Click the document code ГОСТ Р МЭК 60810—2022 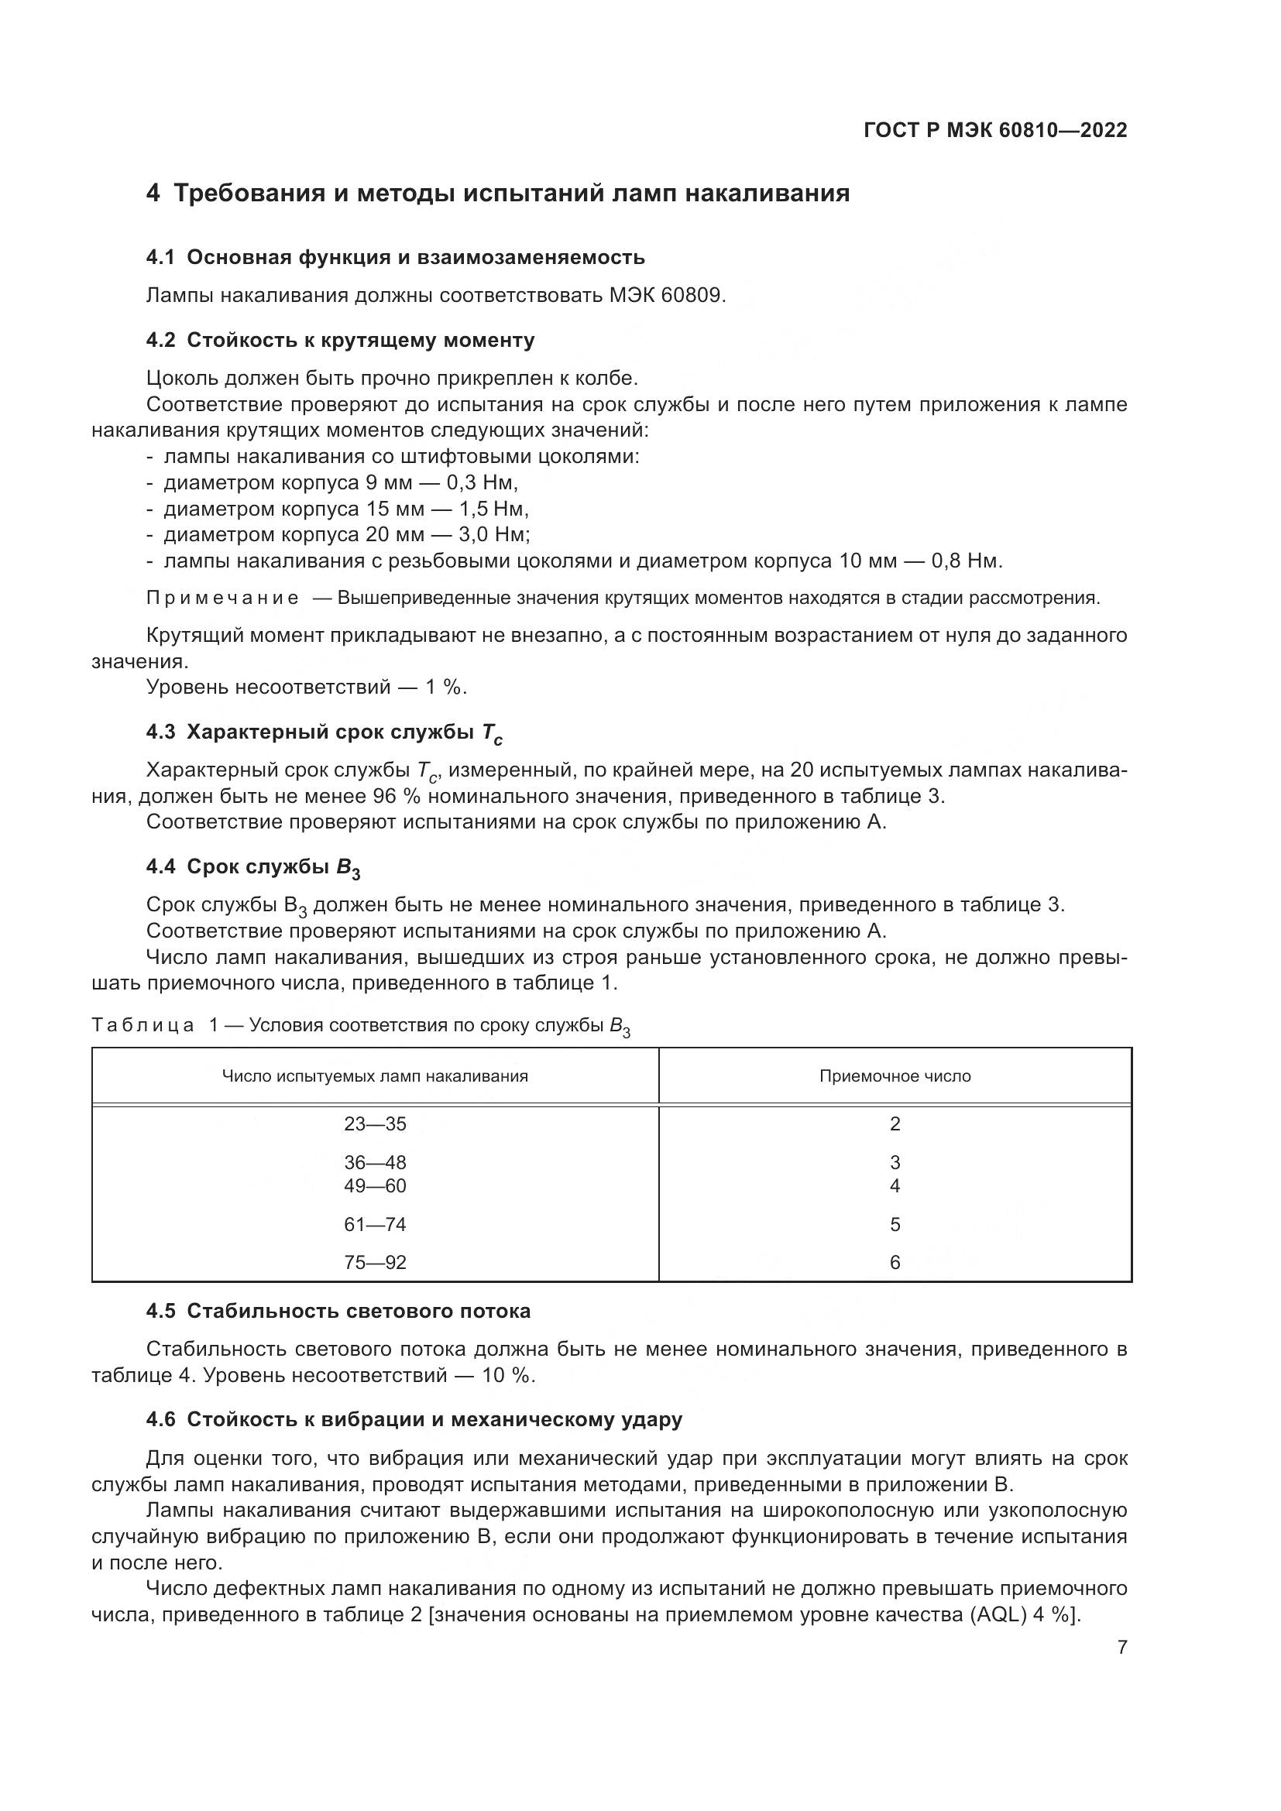pyautogui.click(x=994, y=131)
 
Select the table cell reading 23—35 pyautogui.click(x=375, y=1124)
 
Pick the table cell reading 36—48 pyautogui.click(x=375, y=1163)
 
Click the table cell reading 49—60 pyautogui.click(x=375, y=1186)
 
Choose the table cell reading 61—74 pyautogui.click(x=375, y=1225)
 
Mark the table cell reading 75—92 pyautogui.click(x=375, y=1263)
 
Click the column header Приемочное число pyautogui.click(x=895, y=1077)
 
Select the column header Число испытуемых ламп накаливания pyautogui.click(x=375, y=1077)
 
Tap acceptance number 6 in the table pyautogui.click(x=895, y=1263)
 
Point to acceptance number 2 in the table pyautogui.click(x=895, y=1124)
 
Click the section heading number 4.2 pyautogui.click(x=160, y=341)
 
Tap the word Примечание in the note pyautogui.click(x=222, y=598)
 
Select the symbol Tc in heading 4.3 pyautogui.click(x=492, y=733)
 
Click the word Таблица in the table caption pyautogui.click(x=143, y=1025)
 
